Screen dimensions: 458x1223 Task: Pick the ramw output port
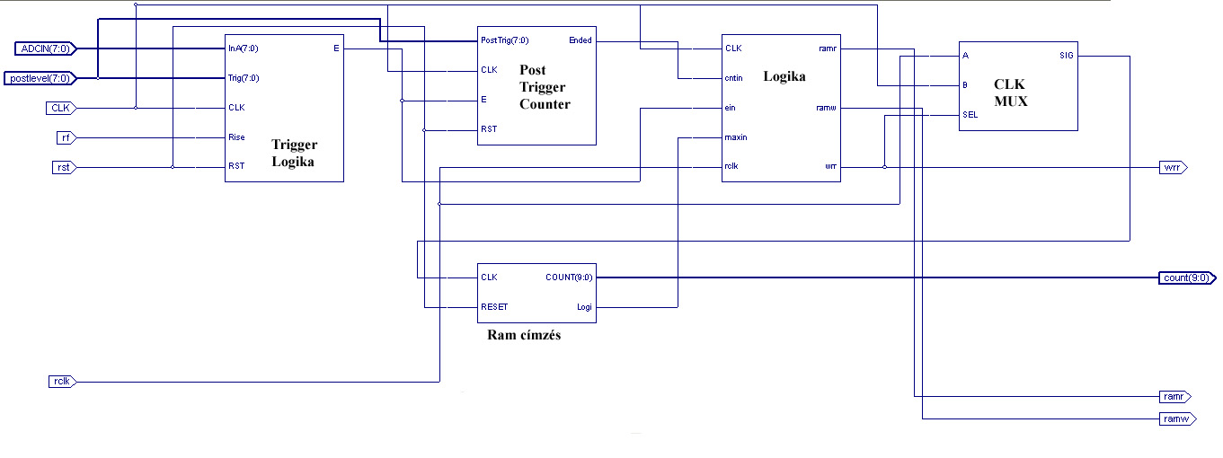click(1175, 418)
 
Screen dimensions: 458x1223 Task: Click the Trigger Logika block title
click(294, 153)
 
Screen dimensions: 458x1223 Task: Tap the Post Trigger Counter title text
click(545, 87)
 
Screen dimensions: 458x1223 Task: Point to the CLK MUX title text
click(1010, 92)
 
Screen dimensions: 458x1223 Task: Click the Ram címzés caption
click(524, 336)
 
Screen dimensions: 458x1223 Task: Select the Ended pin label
click(580, 40)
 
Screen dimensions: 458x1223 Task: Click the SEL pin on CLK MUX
click(970, 115)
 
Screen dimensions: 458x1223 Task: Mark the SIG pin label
click(1066, 56)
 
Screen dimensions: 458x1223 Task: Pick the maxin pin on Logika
click(736, 137)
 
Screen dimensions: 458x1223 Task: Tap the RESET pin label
click(494, 307)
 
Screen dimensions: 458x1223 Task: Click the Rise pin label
click(237, 137)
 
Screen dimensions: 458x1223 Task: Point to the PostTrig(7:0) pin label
click(503, 40)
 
